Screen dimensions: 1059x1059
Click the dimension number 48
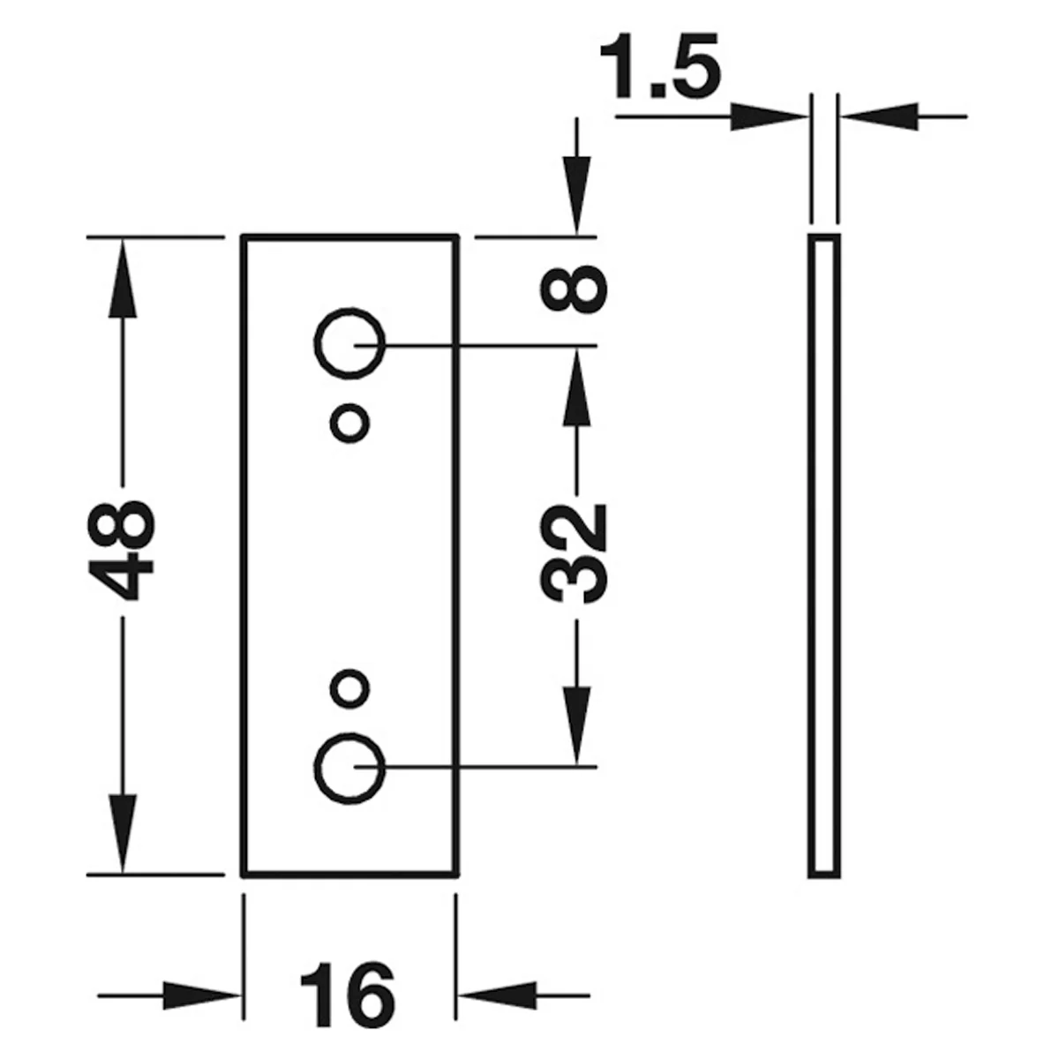(x=122, y=550)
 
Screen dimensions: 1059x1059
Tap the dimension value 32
(x=574, y=552)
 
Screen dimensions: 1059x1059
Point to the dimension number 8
(x=574, y=289)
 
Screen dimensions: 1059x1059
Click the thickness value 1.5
(x=659, y=66)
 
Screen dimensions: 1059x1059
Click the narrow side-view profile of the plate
(x=811, y=555)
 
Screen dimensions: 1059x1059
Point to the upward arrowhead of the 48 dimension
(x=122, y=277)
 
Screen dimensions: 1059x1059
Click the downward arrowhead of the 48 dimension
(x=122, y=833)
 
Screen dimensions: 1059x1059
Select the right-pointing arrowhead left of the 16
(x=202, y=995)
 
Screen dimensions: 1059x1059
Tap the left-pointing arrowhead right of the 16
(x=497, y=995)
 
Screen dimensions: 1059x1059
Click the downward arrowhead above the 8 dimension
(x=576, y=196)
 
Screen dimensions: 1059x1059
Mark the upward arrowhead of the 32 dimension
(x=576, y=387)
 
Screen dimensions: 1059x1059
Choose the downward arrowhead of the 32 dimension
(x=576, y=725)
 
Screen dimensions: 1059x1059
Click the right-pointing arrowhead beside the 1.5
(x=770, y=116)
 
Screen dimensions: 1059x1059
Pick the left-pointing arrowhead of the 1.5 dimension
(x=879, y=116)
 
